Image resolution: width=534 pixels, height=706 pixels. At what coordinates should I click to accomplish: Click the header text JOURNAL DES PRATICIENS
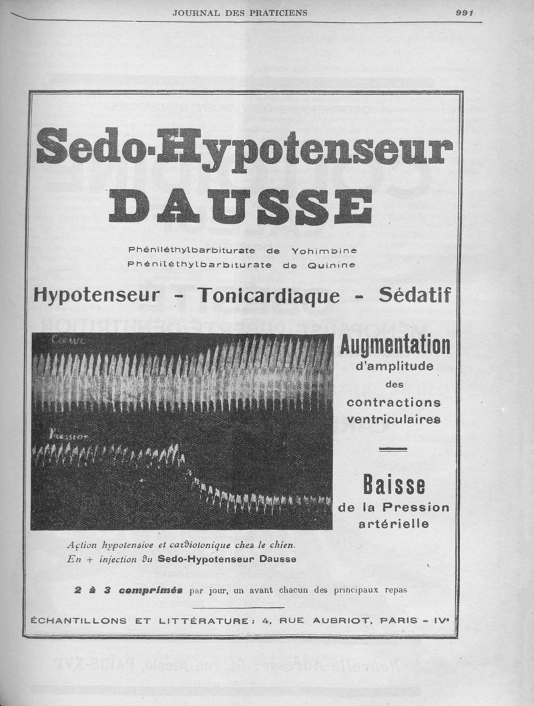[x=240, y=13]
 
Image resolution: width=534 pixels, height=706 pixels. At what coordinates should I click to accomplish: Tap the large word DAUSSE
[x=240, y=206]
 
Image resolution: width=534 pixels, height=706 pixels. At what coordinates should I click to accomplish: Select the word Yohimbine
[x=324, y=250]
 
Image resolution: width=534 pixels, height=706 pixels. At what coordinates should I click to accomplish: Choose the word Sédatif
[x=414, y=295]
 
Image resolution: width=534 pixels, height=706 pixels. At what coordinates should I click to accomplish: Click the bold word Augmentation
[x=394, y=346]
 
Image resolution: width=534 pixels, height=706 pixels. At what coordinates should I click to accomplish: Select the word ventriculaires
[x=394, y=419]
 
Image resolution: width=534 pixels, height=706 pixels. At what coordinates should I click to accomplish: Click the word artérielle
[x=394, y=524]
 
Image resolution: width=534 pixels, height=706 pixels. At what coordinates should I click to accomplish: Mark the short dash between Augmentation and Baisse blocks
[x=393, y=450]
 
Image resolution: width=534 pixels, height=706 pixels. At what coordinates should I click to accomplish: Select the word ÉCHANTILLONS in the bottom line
[x=79, y=621]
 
